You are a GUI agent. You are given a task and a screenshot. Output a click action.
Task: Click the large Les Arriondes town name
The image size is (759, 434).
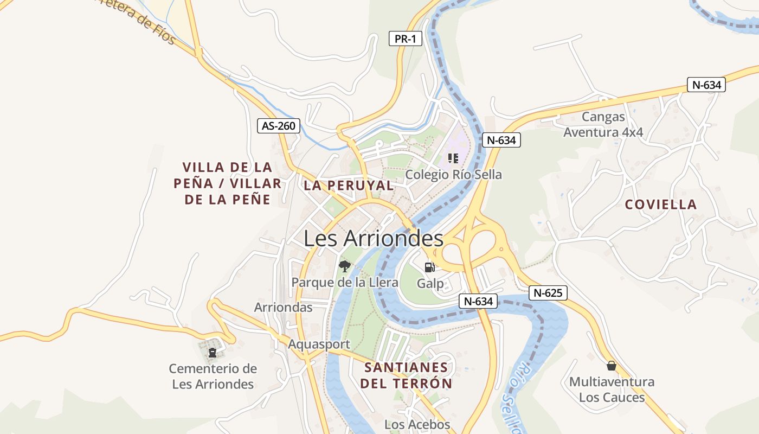[373, 238]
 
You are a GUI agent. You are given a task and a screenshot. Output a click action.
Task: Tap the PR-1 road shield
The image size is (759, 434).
[405, 39]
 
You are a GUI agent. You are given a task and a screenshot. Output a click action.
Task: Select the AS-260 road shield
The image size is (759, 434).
[279, 126]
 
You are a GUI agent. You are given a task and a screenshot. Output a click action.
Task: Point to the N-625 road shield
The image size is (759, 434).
[548, 293]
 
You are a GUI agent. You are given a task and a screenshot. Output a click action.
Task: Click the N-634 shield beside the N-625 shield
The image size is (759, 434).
[478, 301]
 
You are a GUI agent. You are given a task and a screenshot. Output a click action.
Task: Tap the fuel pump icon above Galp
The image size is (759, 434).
[429, 267]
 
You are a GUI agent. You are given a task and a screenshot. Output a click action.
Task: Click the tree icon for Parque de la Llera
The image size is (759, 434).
[344, 266]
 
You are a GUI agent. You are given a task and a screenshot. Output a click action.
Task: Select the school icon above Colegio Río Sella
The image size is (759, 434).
[453, 158]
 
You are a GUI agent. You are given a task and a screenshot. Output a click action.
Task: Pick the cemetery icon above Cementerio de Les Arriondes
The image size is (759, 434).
[212, 353]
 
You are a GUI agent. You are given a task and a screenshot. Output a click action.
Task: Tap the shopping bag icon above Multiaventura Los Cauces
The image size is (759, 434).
[612, 366]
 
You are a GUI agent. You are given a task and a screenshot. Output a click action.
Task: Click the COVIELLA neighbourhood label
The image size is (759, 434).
[660, 205]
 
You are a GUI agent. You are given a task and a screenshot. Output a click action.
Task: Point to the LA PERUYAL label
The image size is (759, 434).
[349, 185]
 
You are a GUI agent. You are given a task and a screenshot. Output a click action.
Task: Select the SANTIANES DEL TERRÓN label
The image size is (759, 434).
[406, 375]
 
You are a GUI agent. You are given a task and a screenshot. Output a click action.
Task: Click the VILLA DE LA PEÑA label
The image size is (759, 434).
[228, 183]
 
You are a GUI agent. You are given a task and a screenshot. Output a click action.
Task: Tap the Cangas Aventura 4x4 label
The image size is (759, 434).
[603, 124]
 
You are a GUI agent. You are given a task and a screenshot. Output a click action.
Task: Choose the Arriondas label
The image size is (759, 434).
[283, 308]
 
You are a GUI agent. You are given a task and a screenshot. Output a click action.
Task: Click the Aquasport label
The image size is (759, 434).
[319, 344]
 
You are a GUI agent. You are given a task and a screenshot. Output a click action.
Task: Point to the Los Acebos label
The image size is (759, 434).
[417, 424]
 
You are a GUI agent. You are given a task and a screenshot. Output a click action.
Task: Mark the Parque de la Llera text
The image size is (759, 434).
[345, 282]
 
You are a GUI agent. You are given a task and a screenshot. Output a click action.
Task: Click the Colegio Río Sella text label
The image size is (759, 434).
[453, 175]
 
